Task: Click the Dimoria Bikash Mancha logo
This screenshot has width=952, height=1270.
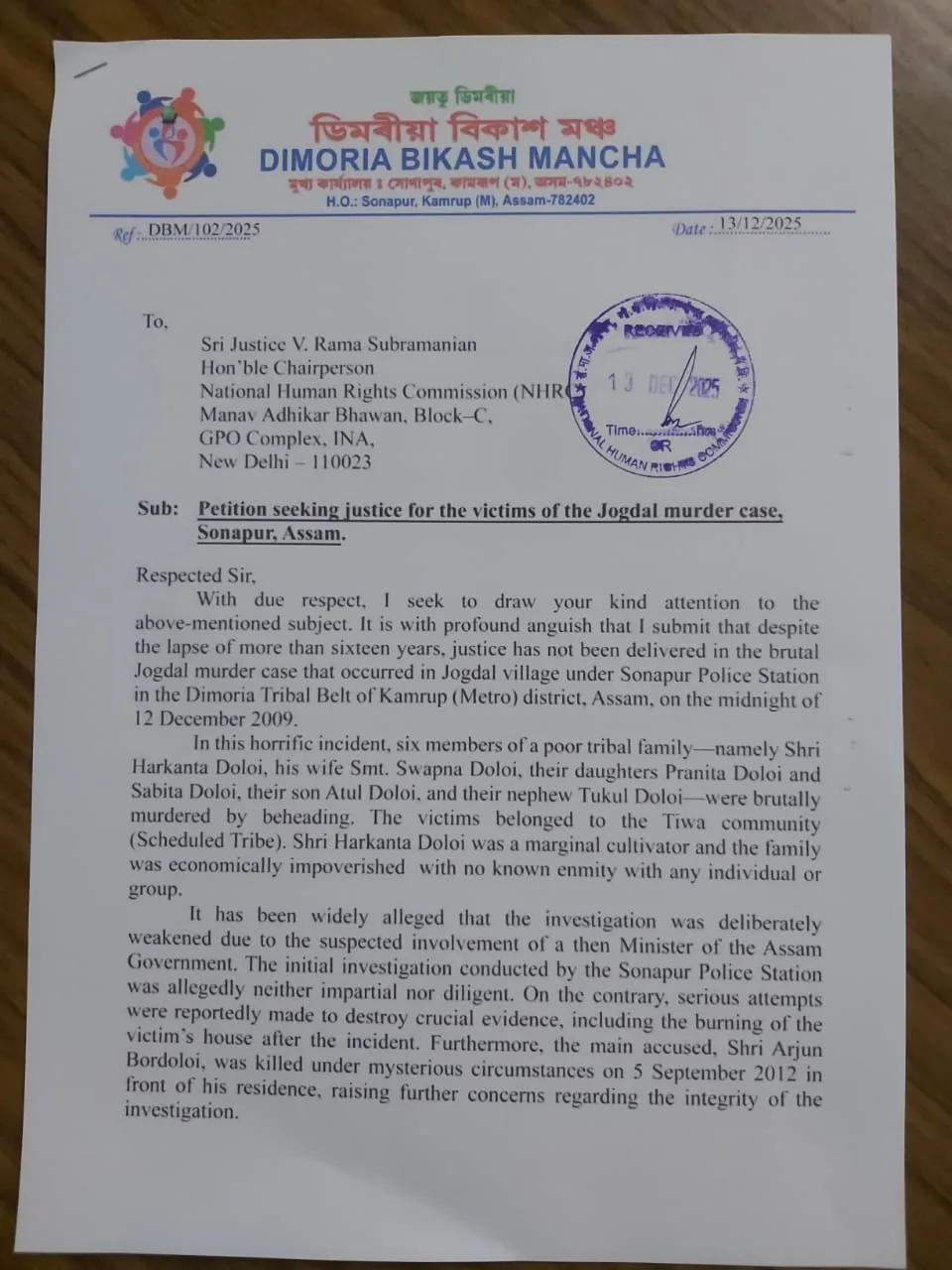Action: pyautogui.click(x=167, y=142)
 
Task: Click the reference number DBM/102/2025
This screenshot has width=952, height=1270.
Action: pyautogui.click(x=203, y=231)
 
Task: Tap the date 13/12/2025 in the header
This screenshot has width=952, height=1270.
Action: pyautogui.click(x=760, y=224)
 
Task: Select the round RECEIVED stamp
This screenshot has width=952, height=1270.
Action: pyautogui.click(x=661, y=383)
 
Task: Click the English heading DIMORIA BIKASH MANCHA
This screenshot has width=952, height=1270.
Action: pyautogui.click(x=461, y=159)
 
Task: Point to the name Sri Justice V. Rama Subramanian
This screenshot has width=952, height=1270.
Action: pyautogui.click(x=338, y=345)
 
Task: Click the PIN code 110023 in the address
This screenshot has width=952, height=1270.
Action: pyautogui.click(x=341, y=461)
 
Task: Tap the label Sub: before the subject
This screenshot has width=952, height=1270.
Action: pyautogui.click(x=158, y=508)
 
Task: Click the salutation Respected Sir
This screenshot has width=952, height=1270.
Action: pyautogui.click(x=195, y=575)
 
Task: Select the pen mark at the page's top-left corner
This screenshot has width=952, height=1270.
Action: pyautogui.click(x=89, y=69)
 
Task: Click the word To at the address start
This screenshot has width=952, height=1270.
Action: pyautogui.click(x=155, y=321)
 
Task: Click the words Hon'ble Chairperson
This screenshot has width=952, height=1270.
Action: pyautogui.click(x=287, y=368)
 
